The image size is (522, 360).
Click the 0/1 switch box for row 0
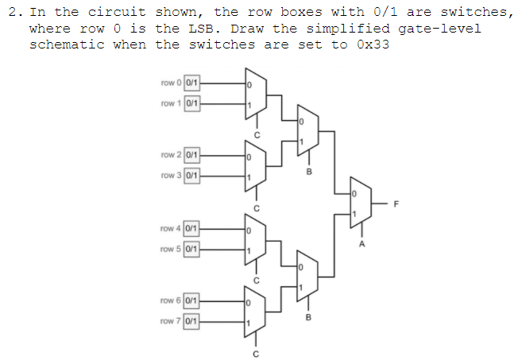point(192,83)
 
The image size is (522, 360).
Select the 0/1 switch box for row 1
point(192,103)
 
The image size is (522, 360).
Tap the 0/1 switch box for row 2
point(192,154)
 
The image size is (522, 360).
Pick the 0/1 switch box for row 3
point(192,175)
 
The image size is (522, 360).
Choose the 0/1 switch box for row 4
point(192,229)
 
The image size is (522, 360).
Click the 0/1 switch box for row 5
point(192,250)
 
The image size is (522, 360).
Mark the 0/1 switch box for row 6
point(192,300)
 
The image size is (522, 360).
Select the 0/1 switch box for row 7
point(192,321)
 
